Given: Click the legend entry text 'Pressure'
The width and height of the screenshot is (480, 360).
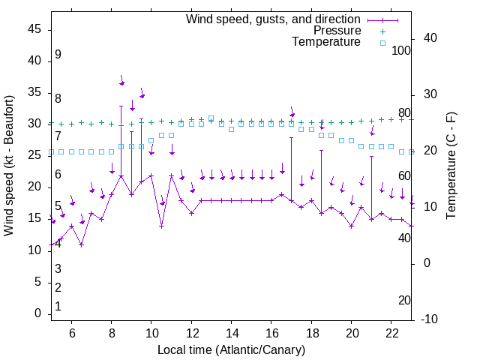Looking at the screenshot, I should [337, 31].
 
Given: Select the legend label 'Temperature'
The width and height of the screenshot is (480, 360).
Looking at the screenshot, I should [326, 42].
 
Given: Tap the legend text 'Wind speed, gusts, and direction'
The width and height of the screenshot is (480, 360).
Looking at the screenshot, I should [274, 19].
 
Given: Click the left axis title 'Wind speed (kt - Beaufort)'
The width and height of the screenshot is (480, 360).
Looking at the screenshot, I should [9, 165].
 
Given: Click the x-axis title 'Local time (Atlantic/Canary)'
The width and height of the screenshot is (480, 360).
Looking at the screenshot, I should [231, 349].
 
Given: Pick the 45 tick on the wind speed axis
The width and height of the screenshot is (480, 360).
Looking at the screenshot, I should [34, 29].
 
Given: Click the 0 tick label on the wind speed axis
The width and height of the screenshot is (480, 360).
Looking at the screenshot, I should [37, 313].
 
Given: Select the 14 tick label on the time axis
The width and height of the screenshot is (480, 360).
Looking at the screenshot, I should [231, 333].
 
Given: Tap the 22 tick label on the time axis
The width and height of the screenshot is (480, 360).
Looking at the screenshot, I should [391, 333].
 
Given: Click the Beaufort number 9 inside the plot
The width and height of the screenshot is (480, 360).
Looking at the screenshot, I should [58, 55].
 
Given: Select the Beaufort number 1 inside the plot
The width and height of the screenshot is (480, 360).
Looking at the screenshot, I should [58, 306].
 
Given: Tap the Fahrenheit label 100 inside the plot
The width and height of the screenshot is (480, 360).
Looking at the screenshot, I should [402, 51].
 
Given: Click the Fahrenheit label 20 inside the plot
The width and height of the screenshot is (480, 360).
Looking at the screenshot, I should [404, 300].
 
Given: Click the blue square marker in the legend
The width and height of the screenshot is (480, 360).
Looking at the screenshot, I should [382, 43].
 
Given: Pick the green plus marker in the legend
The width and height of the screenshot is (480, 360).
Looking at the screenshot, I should [382, 31].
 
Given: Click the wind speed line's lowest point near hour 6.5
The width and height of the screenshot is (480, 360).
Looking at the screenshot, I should [82, 244].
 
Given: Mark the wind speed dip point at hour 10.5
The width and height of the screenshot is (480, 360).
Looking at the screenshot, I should [161, 225].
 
